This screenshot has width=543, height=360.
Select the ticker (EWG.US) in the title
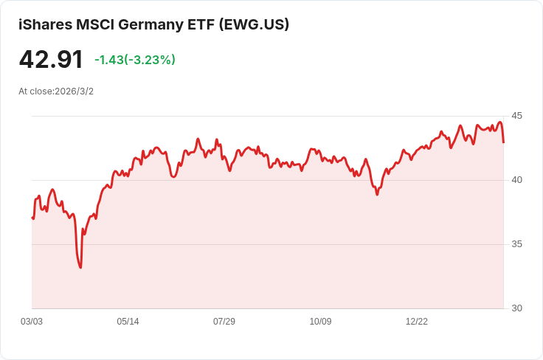(x=254, y=24)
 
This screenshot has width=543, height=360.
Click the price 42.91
(x=51, y=59)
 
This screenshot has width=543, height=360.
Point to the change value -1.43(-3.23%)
(x=135, y=60)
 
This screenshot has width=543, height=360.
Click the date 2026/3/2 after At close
(x=74, y=91)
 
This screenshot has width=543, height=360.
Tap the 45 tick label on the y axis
(x=516, y=116)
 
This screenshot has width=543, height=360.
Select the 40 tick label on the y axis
(x=516, y=180)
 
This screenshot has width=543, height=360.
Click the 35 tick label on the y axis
(x=516, y=244)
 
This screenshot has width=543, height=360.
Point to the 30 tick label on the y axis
(x=516, y=308)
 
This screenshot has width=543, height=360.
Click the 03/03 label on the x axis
(x=32, y=322)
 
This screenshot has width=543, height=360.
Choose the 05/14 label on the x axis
(x=128, y=322)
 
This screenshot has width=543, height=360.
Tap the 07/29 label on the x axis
(x=224, y=322)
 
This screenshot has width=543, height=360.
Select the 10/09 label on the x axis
(x=320, y=322)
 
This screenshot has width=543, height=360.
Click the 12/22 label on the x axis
(x=417, y=322)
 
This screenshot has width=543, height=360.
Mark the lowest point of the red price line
(x=80, y=267)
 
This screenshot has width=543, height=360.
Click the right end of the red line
(x=503, y=142)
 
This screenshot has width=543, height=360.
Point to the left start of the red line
(x=32, y=218)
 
